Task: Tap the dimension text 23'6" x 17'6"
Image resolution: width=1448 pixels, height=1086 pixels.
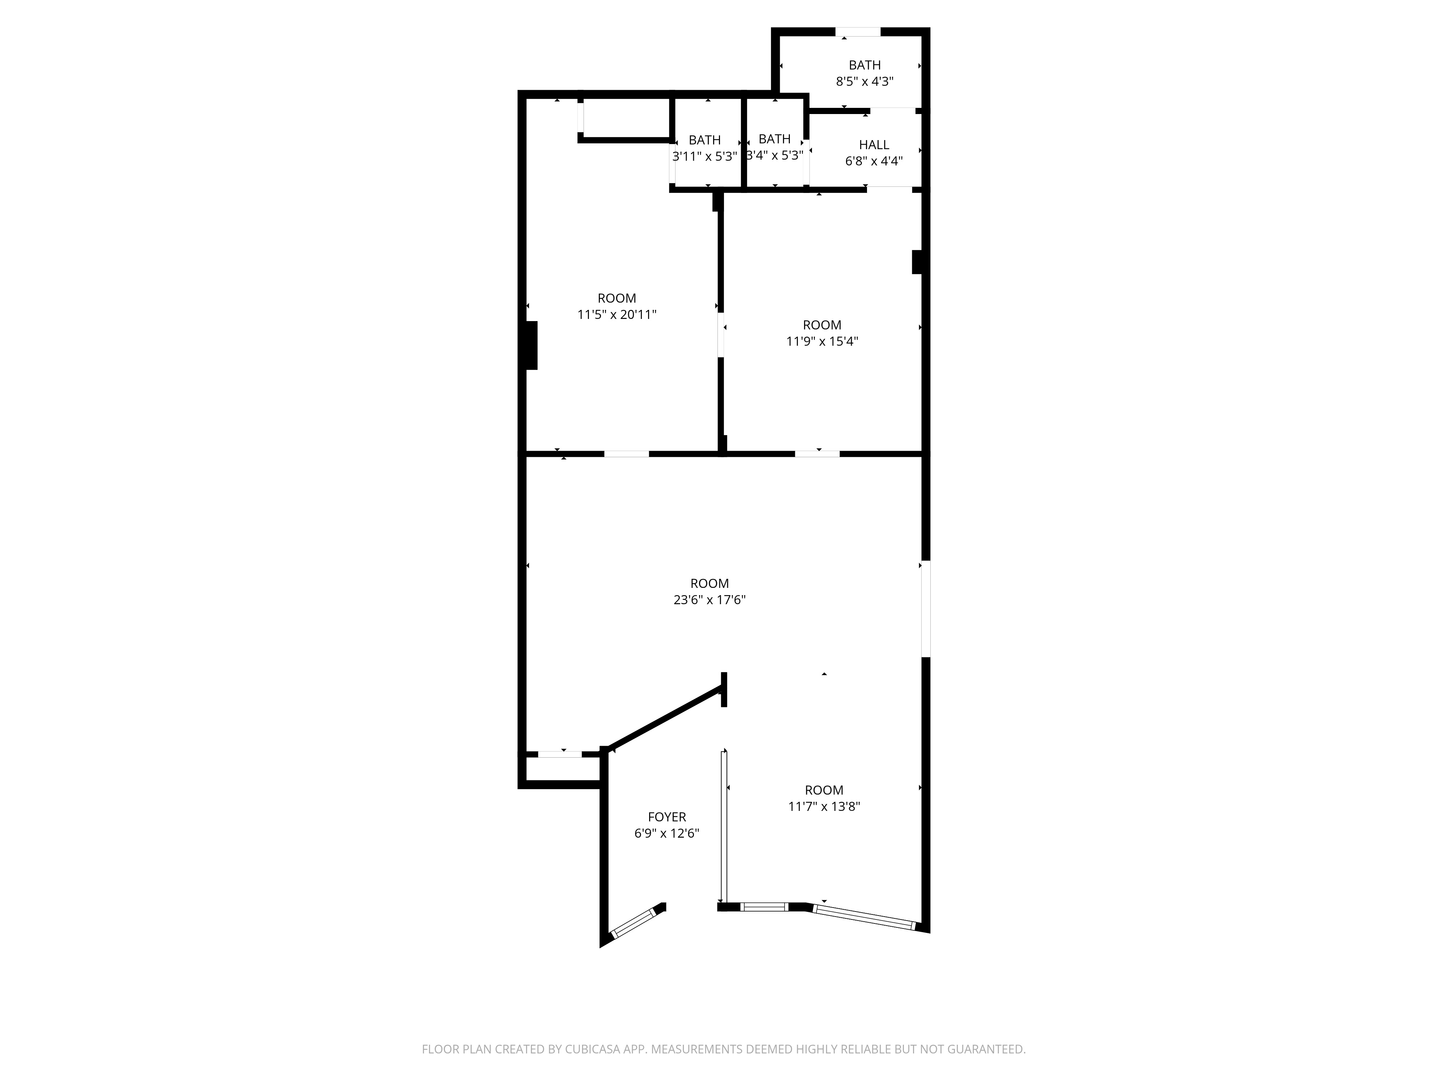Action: click(710, 599)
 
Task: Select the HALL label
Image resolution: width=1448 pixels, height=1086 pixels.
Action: click(874, 145)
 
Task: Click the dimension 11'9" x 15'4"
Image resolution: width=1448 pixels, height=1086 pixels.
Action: click(822, 341)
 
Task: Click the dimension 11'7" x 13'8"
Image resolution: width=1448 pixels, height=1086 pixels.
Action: click(824, 807)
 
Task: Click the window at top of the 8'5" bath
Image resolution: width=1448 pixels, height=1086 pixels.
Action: click(858, 31)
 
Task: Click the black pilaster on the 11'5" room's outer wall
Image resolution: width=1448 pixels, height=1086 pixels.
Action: click(531, 345)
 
